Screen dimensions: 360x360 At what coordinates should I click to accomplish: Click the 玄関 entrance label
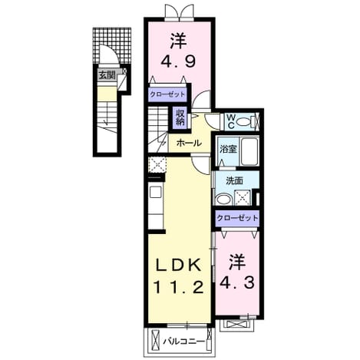(107, 75)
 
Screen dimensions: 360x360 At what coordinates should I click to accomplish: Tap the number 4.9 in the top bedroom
(178, 61)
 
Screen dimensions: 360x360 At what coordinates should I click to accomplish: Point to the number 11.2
(178, 287)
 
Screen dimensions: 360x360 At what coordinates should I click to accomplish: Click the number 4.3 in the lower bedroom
(237, 283)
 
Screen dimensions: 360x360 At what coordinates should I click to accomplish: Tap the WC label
(231, 121)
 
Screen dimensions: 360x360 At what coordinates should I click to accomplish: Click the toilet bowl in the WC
(243, 121)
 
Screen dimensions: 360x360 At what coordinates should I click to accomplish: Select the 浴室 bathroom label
(228, 149)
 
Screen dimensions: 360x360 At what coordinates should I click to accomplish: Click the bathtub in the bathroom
(249, 152)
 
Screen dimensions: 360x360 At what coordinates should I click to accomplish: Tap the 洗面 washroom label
(234, 181)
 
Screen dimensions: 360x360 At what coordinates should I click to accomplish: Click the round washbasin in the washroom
(223, 200)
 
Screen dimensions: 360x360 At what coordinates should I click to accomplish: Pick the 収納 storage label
(180, 117)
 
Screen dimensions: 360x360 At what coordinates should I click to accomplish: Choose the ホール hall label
(189, 143)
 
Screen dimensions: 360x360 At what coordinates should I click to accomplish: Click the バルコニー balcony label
(184, 341)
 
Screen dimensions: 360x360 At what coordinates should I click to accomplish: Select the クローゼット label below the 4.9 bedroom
(167, 94)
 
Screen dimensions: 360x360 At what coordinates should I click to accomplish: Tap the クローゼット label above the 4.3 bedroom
(237, 218)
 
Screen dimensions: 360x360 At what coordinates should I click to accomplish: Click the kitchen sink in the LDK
(156, 192)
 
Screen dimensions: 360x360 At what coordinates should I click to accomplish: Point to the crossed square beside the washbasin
(243, 198)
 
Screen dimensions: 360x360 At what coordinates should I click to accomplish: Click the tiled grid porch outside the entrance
(112, 45)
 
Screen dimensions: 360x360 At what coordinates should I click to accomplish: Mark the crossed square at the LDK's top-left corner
(157, 164)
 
